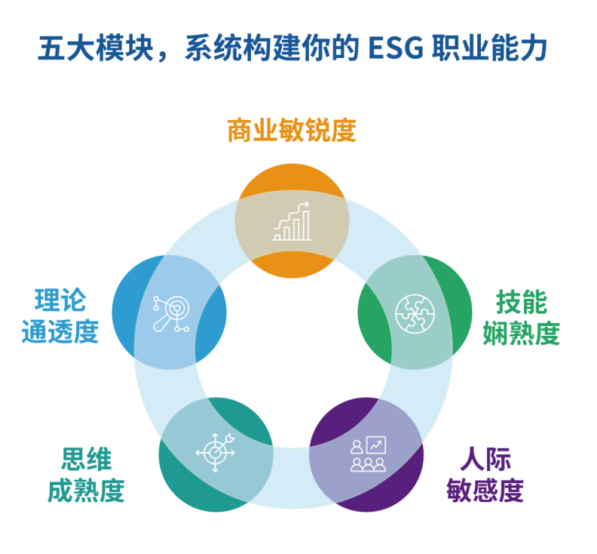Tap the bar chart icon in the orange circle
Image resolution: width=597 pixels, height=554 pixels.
coord(292,221)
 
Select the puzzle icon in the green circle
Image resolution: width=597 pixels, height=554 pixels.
coord(415,311)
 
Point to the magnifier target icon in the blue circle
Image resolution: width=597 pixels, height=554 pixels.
coord(170,312)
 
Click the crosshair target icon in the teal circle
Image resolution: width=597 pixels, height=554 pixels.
coord(216,453)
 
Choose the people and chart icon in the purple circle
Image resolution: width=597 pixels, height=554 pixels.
coord(368,454)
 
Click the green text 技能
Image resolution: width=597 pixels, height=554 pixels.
coord(521,302)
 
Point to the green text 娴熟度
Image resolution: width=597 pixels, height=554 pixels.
coord(521,333)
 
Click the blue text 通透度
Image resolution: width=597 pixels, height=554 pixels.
coord(60,332)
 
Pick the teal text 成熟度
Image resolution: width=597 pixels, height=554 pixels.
coord(87,491)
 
